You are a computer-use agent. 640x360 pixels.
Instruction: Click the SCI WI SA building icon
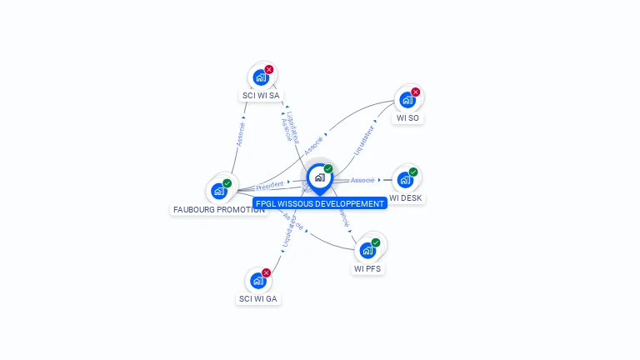point(261,77)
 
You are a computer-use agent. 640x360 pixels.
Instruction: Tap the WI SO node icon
point(407,100)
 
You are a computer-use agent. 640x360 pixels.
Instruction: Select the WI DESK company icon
point(405,179)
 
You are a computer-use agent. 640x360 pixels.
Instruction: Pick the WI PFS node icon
point(367,250)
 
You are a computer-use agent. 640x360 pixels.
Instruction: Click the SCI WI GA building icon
point(258,281)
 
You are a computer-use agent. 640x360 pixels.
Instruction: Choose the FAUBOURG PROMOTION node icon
point(219,191)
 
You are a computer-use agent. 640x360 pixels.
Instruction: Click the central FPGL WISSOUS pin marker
point(319,177)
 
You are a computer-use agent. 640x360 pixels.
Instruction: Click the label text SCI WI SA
point(261,96)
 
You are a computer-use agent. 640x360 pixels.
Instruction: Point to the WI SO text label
point(408,118)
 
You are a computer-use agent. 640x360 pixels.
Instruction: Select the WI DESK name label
point(406,198)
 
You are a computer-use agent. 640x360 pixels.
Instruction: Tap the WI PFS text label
point(368,269)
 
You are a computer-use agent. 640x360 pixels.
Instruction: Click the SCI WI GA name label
point(258,298)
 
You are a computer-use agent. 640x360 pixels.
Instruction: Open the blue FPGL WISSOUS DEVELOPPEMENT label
point(320,203)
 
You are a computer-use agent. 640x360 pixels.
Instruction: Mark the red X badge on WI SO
point(416,92)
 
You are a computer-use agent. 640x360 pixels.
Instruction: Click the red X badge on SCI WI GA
point(267,272)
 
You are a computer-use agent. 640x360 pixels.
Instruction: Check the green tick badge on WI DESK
point(413,172)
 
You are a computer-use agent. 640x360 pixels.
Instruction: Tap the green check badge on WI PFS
point(376,242)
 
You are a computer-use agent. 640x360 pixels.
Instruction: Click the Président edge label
point(270,185)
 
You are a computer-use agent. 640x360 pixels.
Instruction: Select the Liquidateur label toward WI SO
point(363,140)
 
